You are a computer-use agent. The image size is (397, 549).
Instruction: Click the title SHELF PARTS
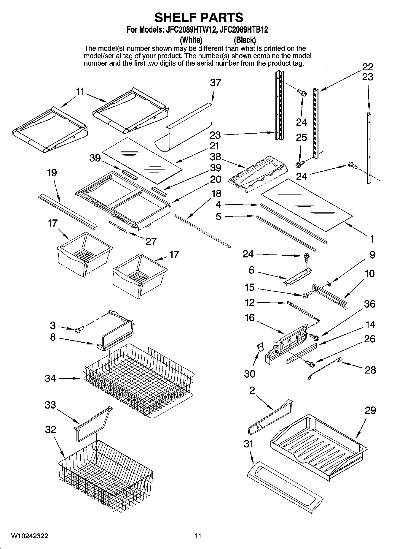click(x=199, y=18)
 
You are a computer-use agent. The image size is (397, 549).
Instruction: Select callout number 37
click(x=216, y=83)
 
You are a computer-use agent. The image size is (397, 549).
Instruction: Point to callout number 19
click(x=52, y=173)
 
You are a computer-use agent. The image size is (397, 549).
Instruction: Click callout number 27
click(x=151, y=242)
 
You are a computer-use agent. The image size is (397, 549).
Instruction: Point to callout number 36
click(x=369, y=304)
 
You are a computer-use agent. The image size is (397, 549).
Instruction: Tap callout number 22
click(x=368, y=67)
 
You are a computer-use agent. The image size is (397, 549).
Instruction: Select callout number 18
click(x=216, y=194)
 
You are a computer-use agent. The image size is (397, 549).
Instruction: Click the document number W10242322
click(x=30, y=536)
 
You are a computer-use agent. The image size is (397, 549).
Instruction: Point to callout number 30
click(x=249, y=374)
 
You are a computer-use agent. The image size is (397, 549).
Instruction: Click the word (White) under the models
click(x=191, y=40)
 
